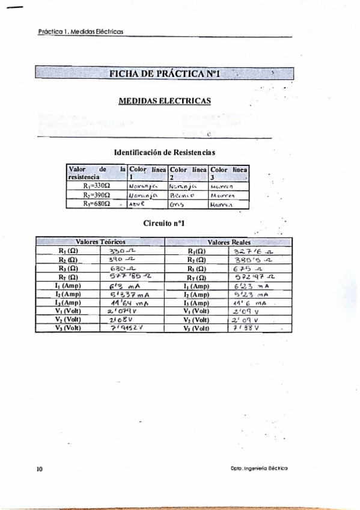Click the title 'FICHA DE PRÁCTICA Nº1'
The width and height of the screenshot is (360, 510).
coord(164,74)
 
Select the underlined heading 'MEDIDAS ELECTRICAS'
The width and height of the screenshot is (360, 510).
coord(164,101)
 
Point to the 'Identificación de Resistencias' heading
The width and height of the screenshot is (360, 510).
coord(164,153)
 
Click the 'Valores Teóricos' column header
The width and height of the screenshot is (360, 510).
coord(100,241)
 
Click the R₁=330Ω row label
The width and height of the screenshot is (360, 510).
coord(97,186)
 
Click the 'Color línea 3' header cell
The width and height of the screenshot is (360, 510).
coord(229,174)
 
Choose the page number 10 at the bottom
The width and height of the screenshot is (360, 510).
coord(39,468)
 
